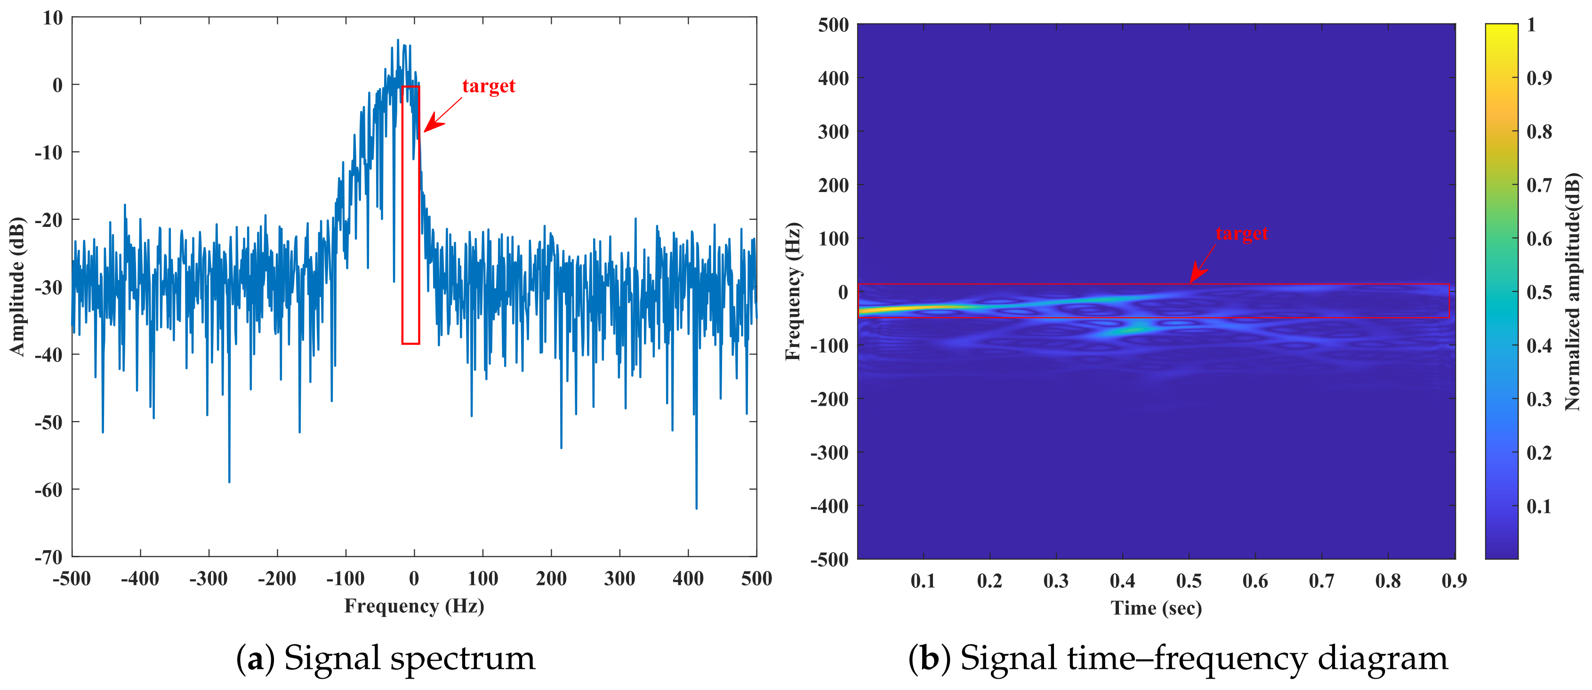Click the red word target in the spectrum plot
coord(488,87)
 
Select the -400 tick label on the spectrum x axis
coord(140,579)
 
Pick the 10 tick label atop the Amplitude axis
coord(53,18)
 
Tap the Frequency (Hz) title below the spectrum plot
coord(414,606)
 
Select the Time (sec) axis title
coord(1156,609)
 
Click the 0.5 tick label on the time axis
coord(1189,581)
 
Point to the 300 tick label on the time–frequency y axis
coord(833,132)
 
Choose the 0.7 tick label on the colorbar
coord(1539,185)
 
